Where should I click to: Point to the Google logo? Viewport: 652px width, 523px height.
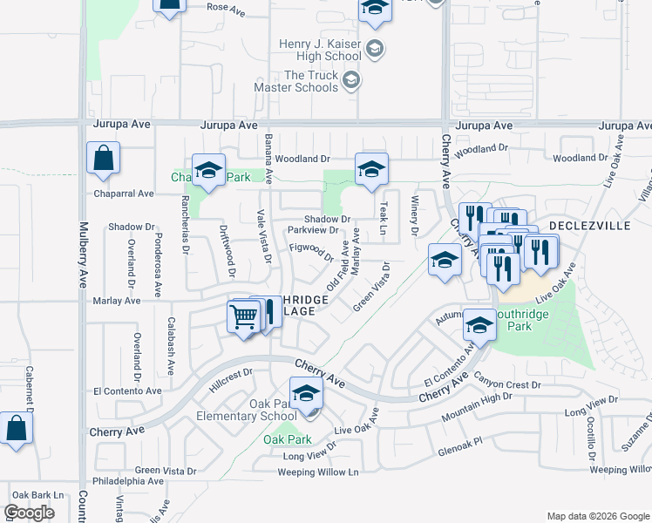(x=29, y=512)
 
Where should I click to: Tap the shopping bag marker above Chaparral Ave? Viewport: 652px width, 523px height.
(x=103, y=159)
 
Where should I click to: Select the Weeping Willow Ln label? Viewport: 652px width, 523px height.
(x=318, y=472)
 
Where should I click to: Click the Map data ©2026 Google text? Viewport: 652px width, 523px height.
(x=597, y=516)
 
